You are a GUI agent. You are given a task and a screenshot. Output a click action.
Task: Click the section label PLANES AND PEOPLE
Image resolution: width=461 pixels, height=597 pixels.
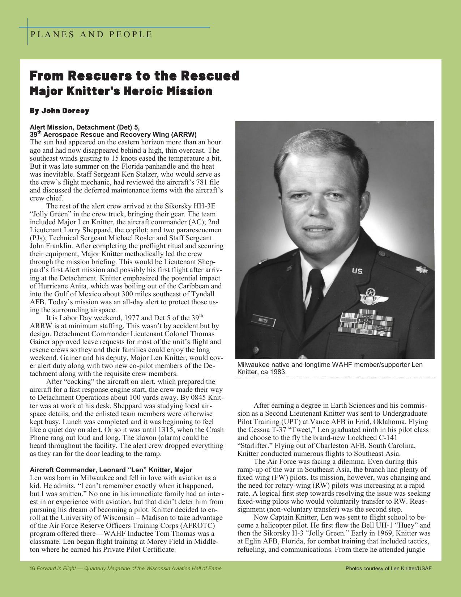[91, 35]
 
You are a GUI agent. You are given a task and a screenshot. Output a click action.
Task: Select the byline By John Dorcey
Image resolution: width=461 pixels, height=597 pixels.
[59, 111]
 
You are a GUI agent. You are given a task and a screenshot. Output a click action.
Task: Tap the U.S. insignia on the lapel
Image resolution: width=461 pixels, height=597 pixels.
[358, 271]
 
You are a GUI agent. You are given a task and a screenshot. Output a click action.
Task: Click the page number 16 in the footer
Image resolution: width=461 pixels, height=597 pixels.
[32, 568]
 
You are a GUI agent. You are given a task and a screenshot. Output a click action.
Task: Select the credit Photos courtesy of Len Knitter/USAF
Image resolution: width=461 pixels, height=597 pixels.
[388, 568]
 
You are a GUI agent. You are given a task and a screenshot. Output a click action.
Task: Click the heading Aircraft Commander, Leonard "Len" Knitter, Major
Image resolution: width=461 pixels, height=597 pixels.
[111, 470]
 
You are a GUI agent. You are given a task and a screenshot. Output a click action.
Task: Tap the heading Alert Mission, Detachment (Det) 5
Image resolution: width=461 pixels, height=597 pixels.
[85, 127]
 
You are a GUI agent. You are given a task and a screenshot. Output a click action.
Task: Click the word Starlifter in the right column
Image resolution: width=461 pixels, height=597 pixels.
[254, 446]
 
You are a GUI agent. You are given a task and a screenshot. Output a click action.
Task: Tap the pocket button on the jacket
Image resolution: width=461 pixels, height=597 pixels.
[256, 350]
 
